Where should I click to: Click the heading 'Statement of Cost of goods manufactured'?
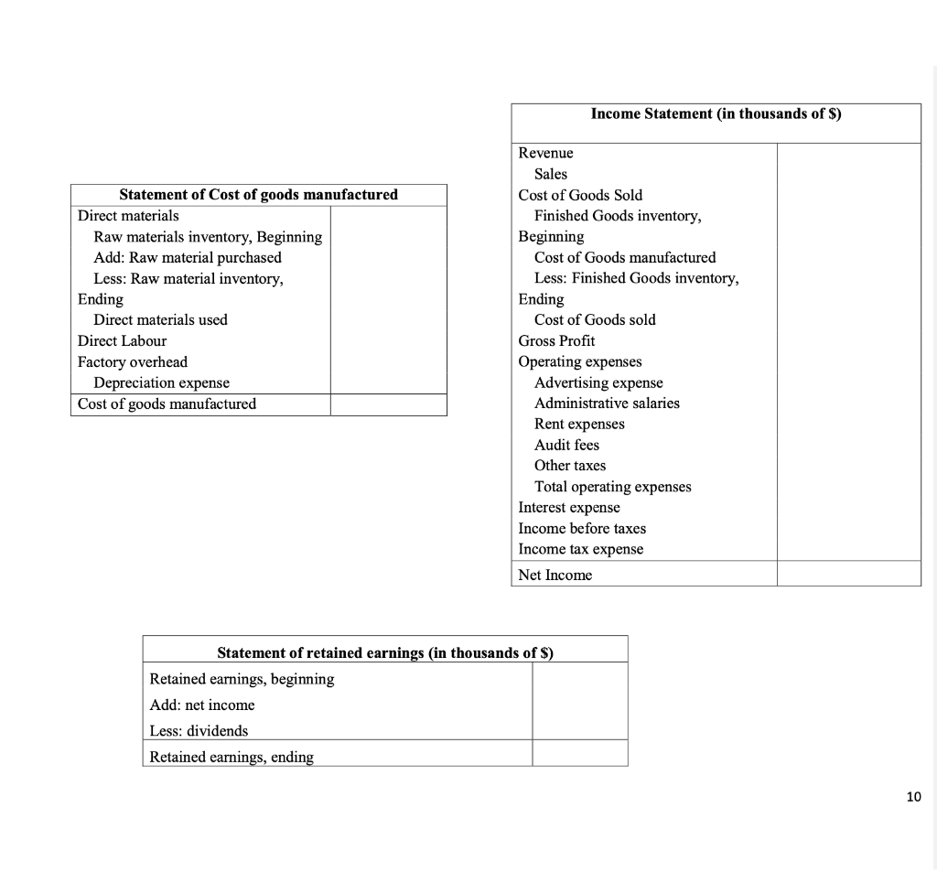pyautogui.click(x=259, y=194)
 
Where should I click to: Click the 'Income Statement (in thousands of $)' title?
pyautogui.click(x=716, y=113)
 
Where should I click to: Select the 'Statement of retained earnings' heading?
pyautogui.click(x=385, y=652)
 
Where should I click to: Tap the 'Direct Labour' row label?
pyautogui.click(x=122, y=340)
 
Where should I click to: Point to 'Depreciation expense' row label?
pyautogui.click(x=161, y=382)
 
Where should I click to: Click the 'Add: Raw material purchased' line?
pyautogui.click(x=188, y=257)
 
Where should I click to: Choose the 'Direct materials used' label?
pyautogui.click(x=160, y=319)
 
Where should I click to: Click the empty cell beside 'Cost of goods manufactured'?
pyautogui.click(x=388, y=404)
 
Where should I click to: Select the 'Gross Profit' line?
pyautogui.click(x=556, y=340)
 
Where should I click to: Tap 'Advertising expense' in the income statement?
pyautogui.click(x=598, y=382)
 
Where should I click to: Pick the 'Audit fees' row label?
pyautogui.click(x=566, y=445)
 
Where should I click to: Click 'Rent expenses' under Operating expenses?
pyautogui.click(x=579, y=424)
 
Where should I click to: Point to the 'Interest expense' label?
pyautogui.click(x=569, y=507)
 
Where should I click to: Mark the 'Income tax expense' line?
pyautogui.click(x=580, y=549)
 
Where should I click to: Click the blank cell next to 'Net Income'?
pyautogui.click(x=848, y=575)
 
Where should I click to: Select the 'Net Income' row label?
pyautogui.click(x=555, y=575)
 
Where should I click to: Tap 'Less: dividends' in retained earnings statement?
pyautogui.click(x=199, y=730)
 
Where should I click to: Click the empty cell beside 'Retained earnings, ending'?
pyautogui.click(x=579, y=756)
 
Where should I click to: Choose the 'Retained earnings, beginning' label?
pyautogui.click(x=242, y=679)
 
